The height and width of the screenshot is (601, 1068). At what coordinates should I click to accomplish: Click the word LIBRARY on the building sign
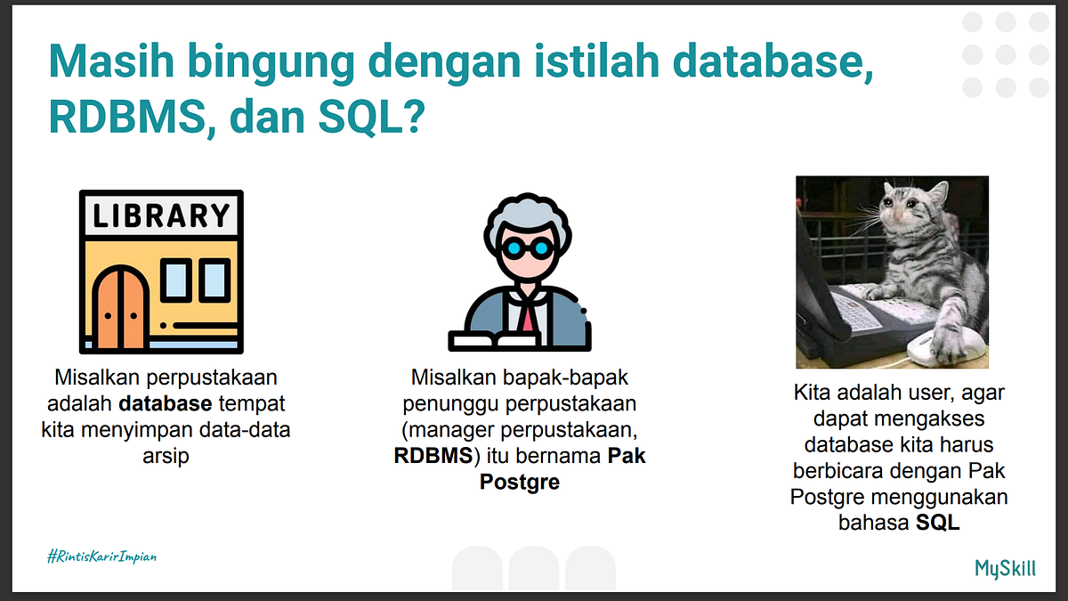coord(162,216)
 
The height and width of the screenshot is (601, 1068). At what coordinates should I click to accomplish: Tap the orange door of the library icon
coord(119,306)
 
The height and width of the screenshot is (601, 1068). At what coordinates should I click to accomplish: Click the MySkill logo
coord(1006,568)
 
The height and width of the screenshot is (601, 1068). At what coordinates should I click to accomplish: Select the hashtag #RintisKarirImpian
coord(101,556)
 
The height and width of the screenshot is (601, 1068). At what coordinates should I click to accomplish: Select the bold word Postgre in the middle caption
coord(519,483)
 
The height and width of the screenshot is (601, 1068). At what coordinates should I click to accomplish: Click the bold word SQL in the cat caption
coord(938,523)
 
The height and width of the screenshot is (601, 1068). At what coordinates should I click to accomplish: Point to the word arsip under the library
coord(166,455)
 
